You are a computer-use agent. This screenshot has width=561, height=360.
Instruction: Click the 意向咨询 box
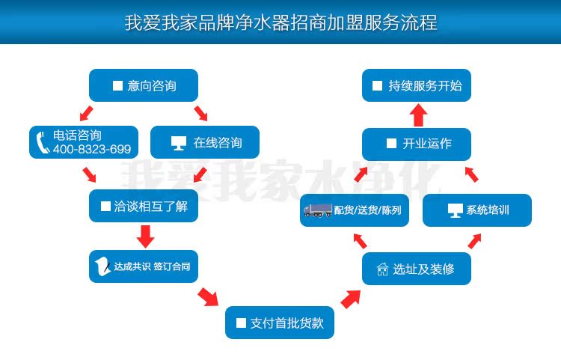(x=143, y=85)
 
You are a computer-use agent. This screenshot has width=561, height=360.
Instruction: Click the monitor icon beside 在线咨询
(x=177, y=142)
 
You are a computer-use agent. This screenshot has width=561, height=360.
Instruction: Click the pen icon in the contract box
(x=103, y=266)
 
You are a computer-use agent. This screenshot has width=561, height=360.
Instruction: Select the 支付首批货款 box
(x=279, y=323)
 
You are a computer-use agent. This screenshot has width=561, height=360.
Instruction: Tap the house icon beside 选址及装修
(x=382, y=269)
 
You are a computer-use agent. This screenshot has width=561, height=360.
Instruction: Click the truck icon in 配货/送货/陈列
(x=317, y=210)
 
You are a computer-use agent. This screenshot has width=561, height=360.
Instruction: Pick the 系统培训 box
(x=476, y=210)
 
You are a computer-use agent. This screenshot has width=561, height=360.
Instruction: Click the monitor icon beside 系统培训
(x=455, y=210)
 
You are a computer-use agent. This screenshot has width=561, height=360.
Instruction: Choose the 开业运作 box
(x=417, y=144)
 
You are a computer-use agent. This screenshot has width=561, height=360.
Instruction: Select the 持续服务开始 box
(x=417, y=85)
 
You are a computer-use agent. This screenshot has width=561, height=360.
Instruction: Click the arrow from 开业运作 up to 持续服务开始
(x=417, y=115)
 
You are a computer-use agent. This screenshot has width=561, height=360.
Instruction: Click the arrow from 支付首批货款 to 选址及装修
(x=349, y=299)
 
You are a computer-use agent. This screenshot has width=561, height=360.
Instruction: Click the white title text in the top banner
(x=280, y=22)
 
